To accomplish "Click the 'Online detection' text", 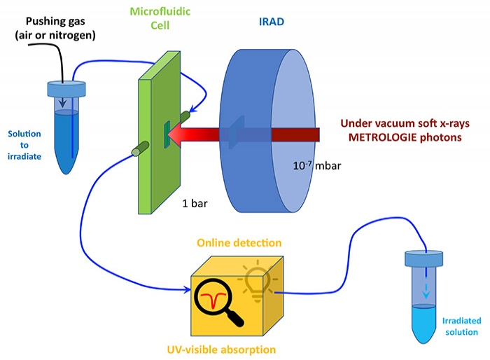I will [x=239, y=243].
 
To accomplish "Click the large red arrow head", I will [x=179, y=133].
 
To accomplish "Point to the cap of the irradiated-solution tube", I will [x=425, y=260].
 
